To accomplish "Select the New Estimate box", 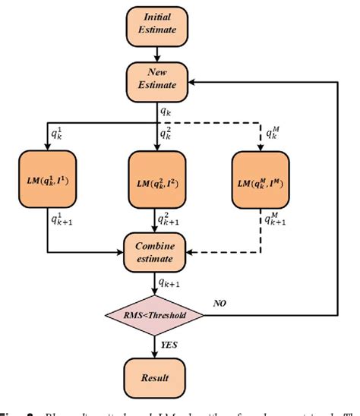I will tap(156, 79).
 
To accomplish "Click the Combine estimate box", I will tap(156, 254).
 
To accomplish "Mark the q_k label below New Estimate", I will tap(165, 112).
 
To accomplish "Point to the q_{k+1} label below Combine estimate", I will tap(169, 283).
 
